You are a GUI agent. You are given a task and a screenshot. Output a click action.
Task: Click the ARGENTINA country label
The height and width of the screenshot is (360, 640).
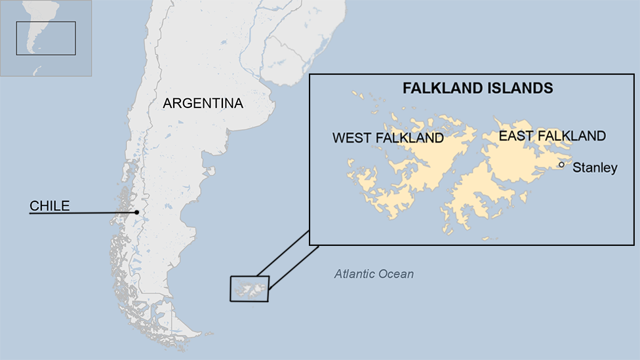[x=203, y=104]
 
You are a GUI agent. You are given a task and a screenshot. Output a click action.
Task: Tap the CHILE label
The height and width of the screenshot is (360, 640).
[x=49, y=206]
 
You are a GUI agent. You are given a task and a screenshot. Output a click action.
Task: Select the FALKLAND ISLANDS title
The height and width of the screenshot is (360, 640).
[x=477, y=88]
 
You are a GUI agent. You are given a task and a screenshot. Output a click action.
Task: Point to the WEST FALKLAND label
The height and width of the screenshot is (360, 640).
[x=388, y=138]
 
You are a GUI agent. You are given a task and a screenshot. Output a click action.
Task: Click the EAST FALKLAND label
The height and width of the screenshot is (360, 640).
[x=552, y=136]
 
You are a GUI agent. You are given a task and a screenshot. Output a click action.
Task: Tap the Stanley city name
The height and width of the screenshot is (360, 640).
[x=595, y=168]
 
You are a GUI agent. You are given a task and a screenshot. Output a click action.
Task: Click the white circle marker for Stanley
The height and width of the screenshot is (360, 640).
[x=561, y=165]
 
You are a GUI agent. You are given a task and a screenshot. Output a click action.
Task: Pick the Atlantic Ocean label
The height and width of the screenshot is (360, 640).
[x=374, y=274]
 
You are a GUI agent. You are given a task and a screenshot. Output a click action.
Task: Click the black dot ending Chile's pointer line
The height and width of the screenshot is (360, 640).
[x=136, y=212]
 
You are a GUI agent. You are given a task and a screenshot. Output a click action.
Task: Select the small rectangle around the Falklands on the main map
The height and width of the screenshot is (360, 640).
[x=249, y=289]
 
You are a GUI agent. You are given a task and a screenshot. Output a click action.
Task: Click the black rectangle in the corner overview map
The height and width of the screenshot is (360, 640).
[x=46, y=38]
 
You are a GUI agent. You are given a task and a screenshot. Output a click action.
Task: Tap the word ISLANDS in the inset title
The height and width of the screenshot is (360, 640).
[x=522, y=88]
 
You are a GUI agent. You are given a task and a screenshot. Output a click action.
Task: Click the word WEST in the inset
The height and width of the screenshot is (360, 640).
[x=353, y=138]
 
